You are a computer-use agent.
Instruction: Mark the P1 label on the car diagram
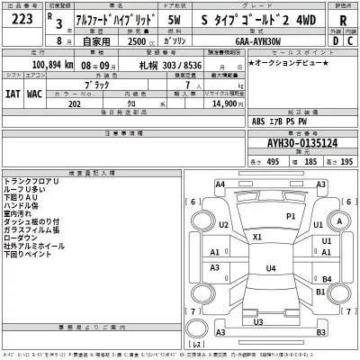tap(291, 217)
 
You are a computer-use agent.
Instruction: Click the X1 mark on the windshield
tap(257, 237)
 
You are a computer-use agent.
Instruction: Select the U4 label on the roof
tap(270, 268)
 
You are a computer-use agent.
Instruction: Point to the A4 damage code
tap(220, 184)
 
